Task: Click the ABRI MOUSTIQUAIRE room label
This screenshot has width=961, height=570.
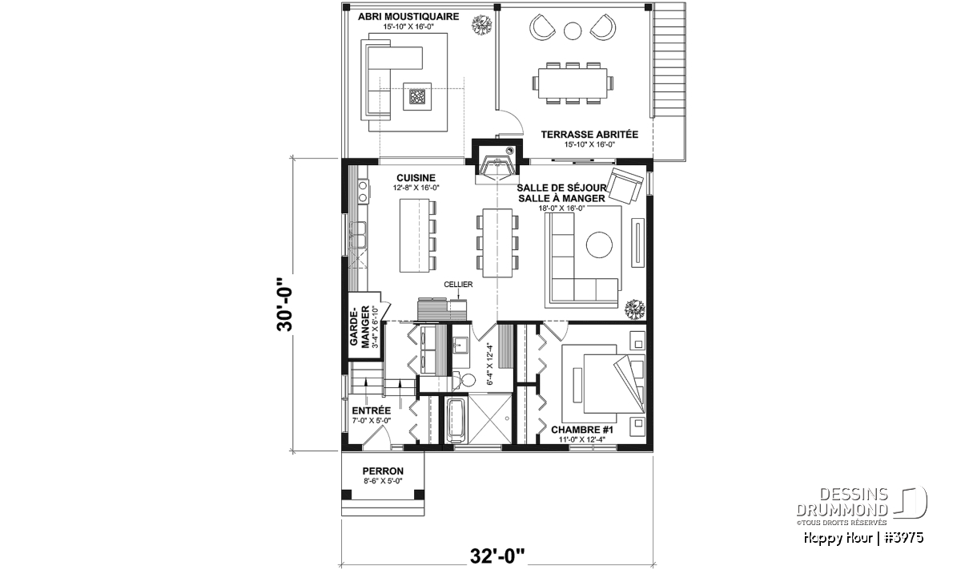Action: (x=408, y=17)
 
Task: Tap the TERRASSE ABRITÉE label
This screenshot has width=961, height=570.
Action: (x=589, y=135)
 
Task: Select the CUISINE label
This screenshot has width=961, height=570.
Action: (x=416, y=178)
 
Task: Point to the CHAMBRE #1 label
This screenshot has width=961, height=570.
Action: (x=582, y=430)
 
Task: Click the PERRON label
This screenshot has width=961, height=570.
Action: (x=383, y=471)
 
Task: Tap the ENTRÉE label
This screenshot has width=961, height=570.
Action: (x=372, y=410)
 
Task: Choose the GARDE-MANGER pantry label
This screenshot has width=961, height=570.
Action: (x=360, y=327)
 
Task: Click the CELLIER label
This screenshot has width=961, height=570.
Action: (x=458, y=285)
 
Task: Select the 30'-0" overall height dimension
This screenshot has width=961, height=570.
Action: (x=284, y=305)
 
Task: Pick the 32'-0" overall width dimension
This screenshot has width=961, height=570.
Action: (x=497, y=556)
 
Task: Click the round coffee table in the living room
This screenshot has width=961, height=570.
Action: (x=599, y=245)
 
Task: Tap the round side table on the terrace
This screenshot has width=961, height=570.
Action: (x=573, y=31)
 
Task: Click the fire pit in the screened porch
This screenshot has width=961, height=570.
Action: (x=416, y=96)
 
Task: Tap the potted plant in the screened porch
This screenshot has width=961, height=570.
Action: (x=482, y=25)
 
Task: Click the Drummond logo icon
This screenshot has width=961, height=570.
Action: (x=911, y=503)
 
